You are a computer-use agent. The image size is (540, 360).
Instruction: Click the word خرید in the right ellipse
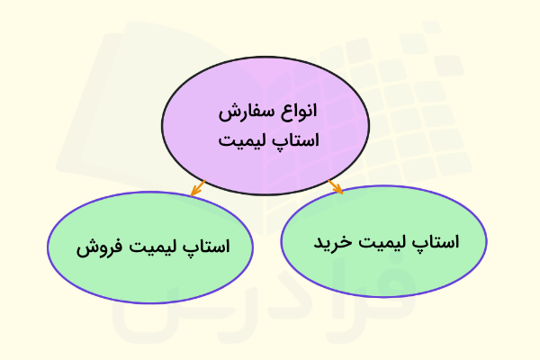(x=332, y=242)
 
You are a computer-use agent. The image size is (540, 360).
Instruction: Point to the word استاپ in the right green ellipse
(x=438, y=242)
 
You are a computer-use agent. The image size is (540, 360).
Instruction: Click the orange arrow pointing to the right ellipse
(x=336, y=186)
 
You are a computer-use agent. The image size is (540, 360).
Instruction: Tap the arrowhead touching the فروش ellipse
(x=193, y=191)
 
